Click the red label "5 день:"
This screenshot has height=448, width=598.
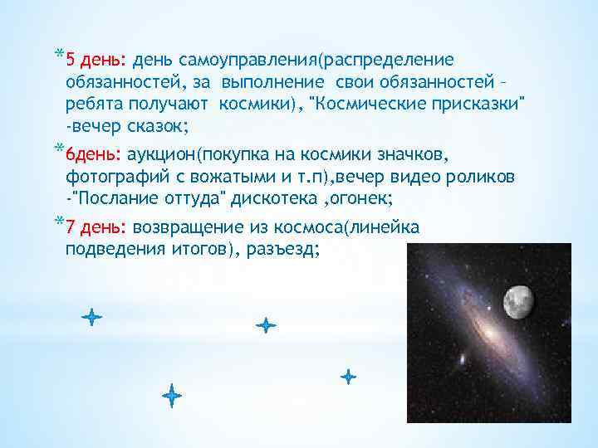(95, 61)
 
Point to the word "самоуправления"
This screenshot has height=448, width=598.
(242, 61)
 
